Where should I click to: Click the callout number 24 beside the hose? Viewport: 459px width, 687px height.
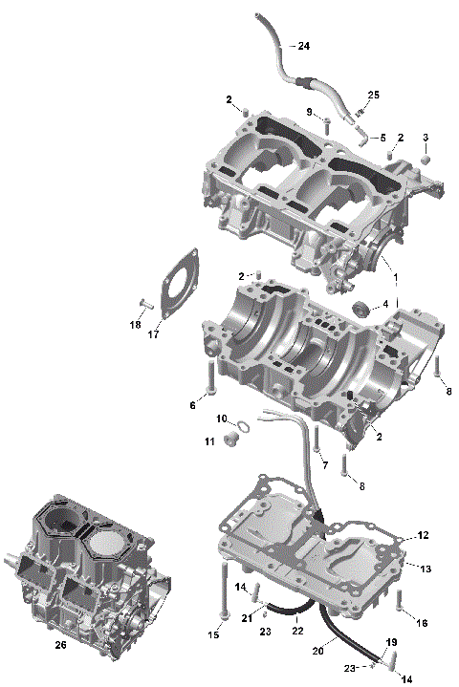coord(303,46)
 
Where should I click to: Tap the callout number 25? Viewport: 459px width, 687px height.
coord(373,95)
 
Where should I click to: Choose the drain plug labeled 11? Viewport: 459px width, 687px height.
coord(229,440)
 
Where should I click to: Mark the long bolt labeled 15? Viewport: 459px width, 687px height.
coord(223,592)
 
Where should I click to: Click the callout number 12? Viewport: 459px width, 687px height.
coord(424,535)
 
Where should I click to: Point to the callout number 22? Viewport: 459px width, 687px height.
coord(297,632)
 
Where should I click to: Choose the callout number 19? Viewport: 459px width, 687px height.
coord(391,642)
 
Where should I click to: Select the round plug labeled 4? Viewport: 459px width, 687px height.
coord(361,307)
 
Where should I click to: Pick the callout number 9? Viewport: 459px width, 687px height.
coord(311,113)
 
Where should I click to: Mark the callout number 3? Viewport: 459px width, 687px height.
coord(426,138)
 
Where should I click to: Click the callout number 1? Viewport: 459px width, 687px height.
coord(394,277)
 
